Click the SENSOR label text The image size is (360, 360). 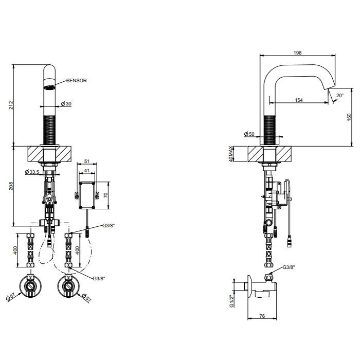[77, 81]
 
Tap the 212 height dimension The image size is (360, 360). [11, 105]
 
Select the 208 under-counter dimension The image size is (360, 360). [11, 186]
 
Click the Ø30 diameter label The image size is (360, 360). [66, 104]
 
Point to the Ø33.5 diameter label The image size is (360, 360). [32, 172]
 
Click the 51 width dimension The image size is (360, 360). [86, 161]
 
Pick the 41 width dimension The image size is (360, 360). [86, 171]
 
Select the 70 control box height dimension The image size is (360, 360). [105, 195]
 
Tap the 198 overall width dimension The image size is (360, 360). [298, 52]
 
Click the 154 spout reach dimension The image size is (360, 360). [299, 100]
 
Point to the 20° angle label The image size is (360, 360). [340, 95]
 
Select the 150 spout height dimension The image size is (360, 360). [349, 117]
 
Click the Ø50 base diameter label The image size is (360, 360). [249, 134]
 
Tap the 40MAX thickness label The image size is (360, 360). [231, 154]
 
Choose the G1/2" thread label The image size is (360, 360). [231, 301]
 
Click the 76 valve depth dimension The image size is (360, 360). [262, 316]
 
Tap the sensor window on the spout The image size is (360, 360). [49, 87]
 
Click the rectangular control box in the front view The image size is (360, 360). [87, 195]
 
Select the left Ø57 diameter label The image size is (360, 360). [11, 297]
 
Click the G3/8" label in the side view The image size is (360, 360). [289, 267]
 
